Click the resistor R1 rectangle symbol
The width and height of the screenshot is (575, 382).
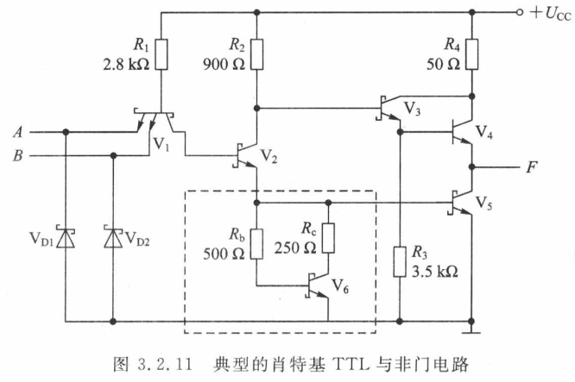(161, 54)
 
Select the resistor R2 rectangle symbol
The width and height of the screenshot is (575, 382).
(256, 54)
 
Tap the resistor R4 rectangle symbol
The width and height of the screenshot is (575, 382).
(472, 54)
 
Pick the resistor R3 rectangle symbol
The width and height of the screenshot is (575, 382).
(400, 262)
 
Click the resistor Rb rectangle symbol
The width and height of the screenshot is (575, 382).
(256, 244)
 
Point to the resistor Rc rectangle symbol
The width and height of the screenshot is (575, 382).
(328, 238)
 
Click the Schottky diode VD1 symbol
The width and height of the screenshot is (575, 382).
(66, 237)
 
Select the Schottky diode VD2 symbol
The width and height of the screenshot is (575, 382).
(113, 236)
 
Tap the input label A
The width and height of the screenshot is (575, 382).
(18, 132)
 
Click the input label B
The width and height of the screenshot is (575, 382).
(18, 156)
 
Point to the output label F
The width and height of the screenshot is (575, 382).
(532, 167)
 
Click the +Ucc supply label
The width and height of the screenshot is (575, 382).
(551, 14)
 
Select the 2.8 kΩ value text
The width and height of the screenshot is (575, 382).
(126, 65)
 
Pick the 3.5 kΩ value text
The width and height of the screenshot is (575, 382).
(435, 272)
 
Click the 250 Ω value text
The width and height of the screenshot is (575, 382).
(295, 248)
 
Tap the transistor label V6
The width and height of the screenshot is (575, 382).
(340, 286)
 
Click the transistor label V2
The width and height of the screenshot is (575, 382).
(269, 156)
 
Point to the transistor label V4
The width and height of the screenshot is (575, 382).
(484, 132)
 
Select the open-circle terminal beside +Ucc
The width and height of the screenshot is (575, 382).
(519, 13)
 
